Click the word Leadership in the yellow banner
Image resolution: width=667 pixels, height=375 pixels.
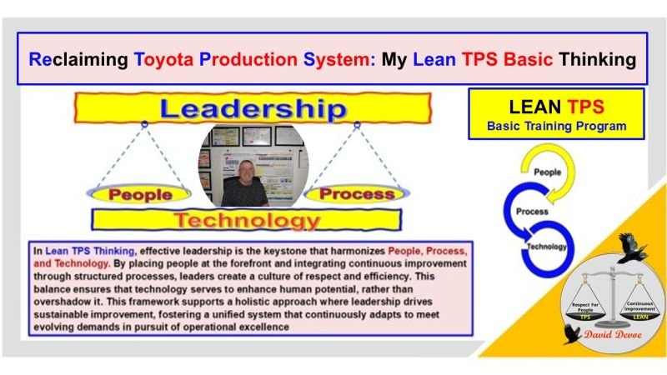click(252, 108)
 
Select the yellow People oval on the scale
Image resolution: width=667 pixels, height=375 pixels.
click(137, 193)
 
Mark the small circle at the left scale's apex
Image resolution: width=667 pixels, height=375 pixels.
click(144, 123)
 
